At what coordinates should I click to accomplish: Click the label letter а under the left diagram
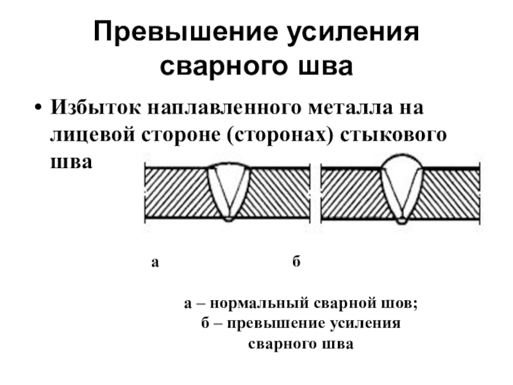click(x=155, y=262)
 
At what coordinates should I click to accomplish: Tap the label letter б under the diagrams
click(x=296, y=262)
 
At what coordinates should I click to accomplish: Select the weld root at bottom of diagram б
click(x=401, y=220)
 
